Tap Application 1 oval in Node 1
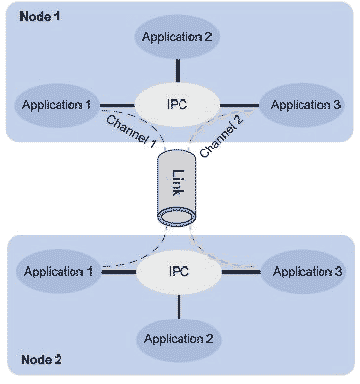tap(58, 103)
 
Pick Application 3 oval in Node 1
tap(296, 103)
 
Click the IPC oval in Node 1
tap(177, 103)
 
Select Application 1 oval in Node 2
tap(58, 270)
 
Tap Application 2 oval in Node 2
tap(178, 338)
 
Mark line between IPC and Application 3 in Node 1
tap(239, 103)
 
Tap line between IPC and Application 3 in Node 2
tap(239, 270)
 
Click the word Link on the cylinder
tap(178, 187)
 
